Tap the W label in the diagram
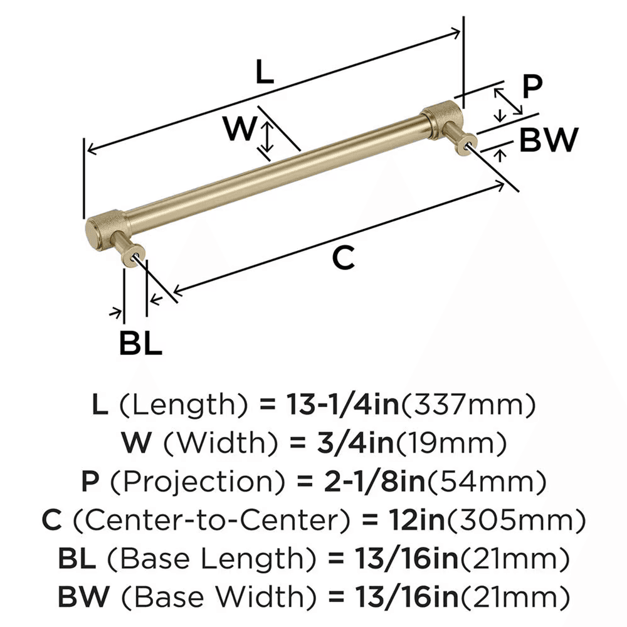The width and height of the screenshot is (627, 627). coord(241,130)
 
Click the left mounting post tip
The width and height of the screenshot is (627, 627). coord(135,256)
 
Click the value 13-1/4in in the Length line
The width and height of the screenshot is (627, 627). coord(340,406)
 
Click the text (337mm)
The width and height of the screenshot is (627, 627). coord(468,406)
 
